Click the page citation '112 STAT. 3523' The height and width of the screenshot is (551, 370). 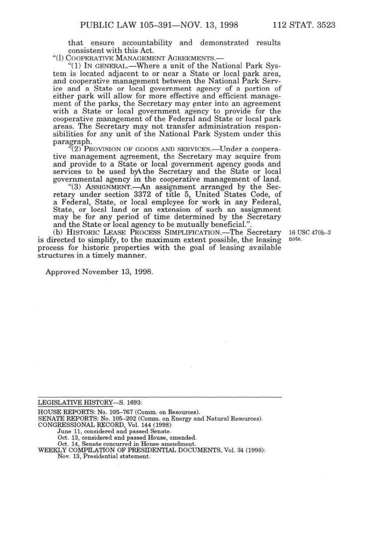pyautogui.click(x=304, y=26)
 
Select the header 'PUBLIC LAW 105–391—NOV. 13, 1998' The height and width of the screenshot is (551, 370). pyautogui.click(x=159, y=26)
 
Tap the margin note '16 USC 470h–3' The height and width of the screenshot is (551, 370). pyautogui.click(x=309, y=233)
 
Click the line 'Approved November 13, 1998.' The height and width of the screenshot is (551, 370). pyautogui.click(x=99, y=272)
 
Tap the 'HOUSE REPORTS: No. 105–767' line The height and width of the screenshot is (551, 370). pyautogui.click(x=119, y=412)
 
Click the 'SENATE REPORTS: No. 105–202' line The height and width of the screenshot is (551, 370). pyautogui.click(x=150, y=419)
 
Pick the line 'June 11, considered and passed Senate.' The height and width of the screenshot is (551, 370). pyautogui.click(x=114, y=431)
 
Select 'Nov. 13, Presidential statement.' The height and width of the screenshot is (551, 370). pyautogui.click(x=103, y=456)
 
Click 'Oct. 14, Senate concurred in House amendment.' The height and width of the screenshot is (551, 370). pyautogui.click(x=126, y=444)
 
